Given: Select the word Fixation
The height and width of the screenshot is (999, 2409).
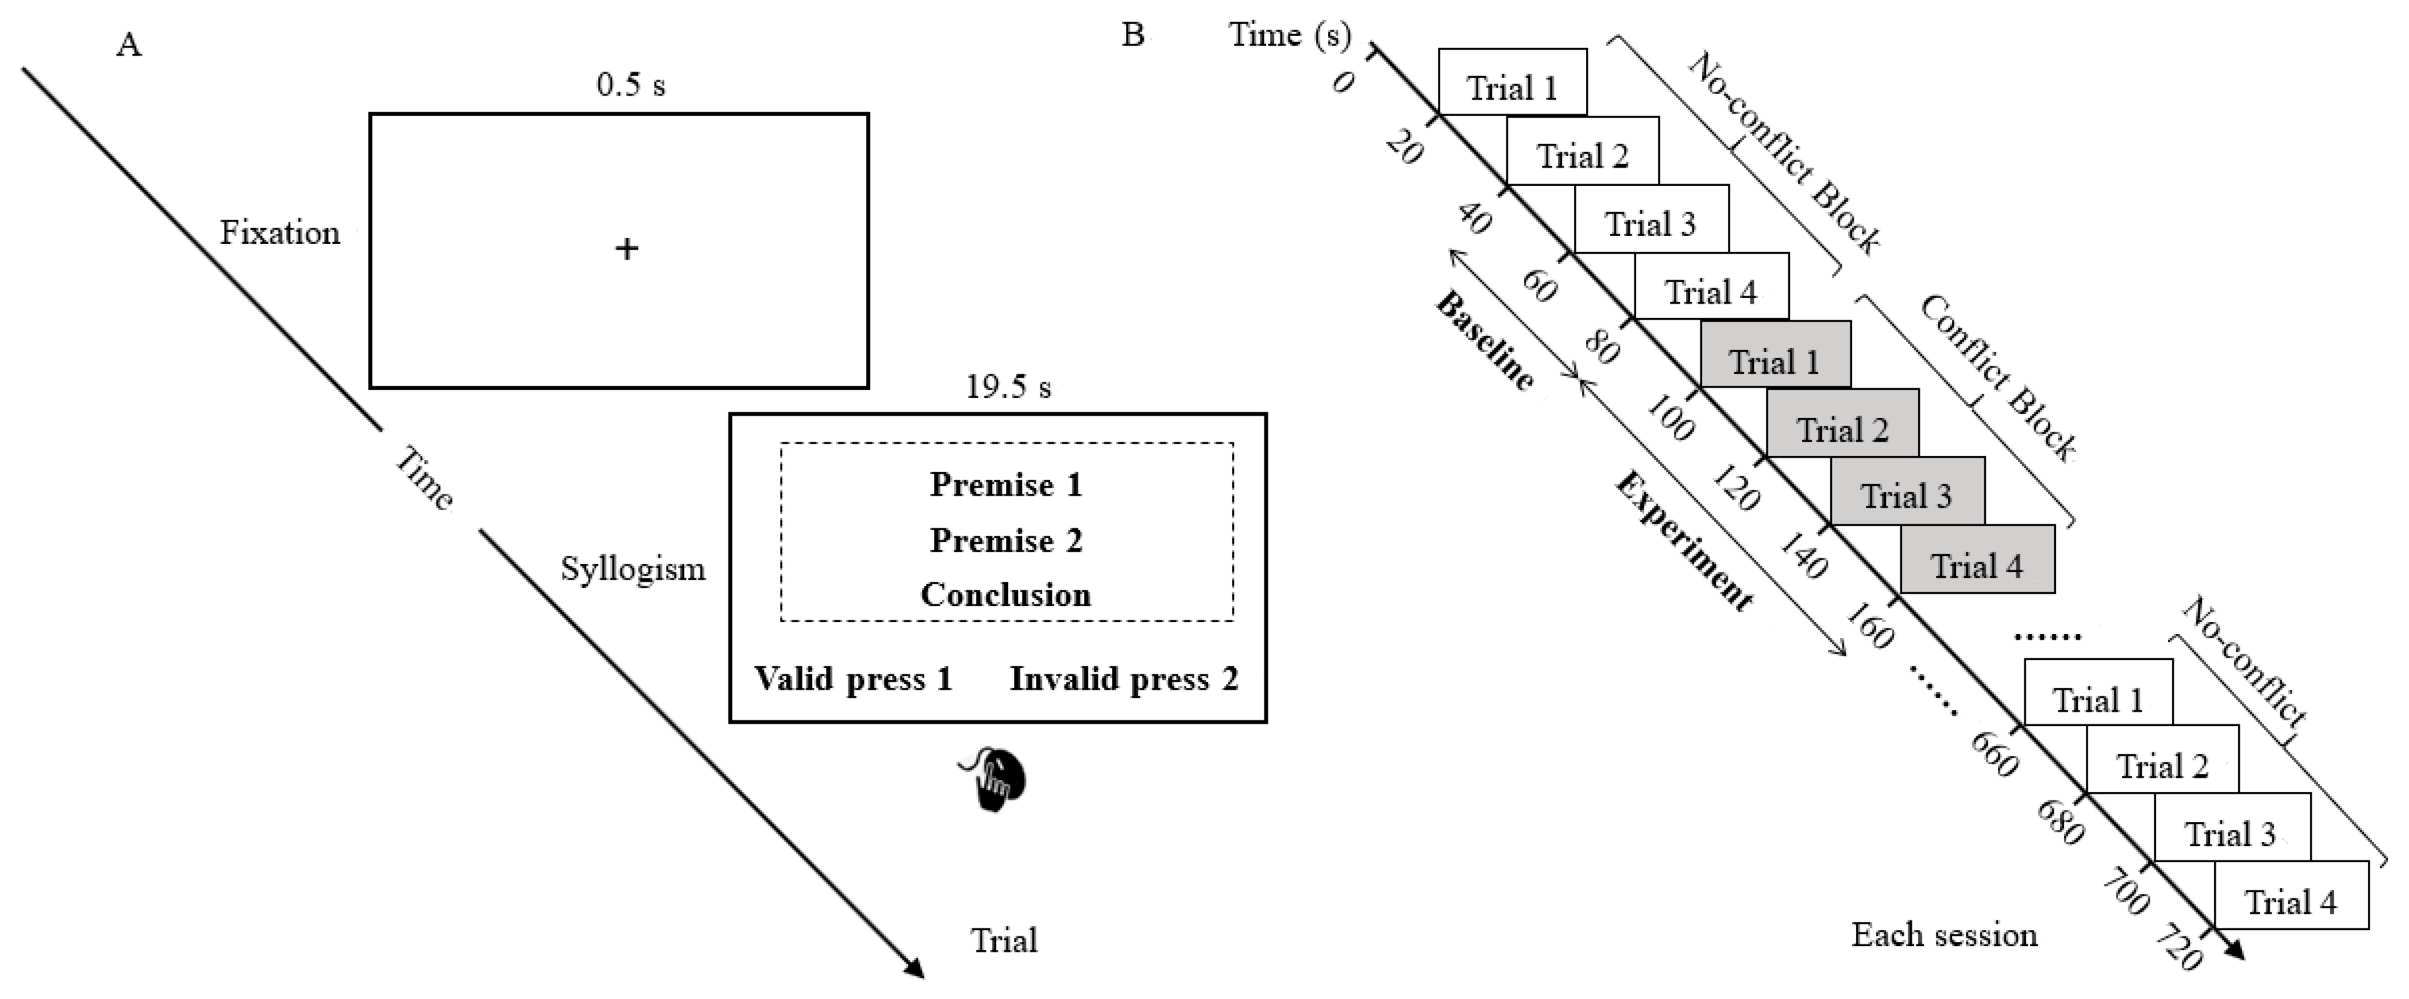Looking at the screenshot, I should tap(280, 233).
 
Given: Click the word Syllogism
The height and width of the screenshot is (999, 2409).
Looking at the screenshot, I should tap(632, 569).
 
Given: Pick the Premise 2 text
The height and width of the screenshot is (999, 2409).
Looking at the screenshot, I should tap(1005, 541).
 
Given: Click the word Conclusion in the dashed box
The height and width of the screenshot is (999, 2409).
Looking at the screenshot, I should tap(1005, 595).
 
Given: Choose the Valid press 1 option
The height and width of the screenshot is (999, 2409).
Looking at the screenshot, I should tap(853, 678).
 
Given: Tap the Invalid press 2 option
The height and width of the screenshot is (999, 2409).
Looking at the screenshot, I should tap(1123, 678).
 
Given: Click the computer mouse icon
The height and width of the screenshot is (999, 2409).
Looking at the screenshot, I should tap(995, 779).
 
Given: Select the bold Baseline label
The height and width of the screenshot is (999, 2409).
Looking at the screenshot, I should tap(1484, 341).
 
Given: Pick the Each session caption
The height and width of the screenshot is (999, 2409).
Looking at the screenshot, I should tap(1944, 934).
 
